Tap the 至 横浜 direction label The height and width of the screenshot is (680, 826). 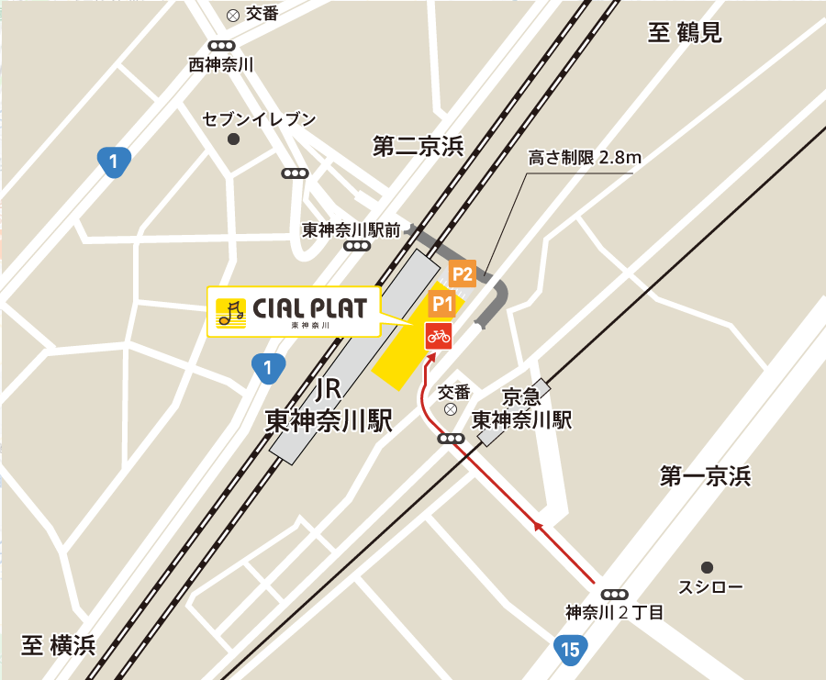point(59,645)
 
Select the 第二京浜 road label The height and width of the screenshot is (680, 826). point(418,146)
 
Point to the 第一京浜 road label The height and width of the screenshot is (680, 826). point(705,476)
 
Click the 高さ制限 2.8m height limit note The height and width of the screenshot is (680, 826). point(585,157)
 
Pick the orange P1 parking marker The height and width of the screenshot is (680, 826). point(442,303)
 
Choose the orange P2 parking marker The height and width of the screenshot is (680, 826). point(462,273)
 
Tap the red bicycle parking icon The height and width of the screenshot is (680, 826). point(439,336)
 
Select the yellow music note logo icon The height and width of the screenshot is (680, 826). point(230,313)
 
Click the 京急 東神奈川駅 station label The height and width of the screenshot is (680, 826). point(521,408)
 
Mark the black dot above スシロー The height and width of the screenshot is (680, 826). point(707,567)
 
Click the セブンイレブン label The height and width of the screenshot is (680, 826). point(259,119)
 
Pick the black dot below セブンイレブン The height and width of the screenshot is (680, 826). point(233,139)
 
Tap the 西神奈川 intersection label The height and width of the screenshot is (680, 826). point(220,65)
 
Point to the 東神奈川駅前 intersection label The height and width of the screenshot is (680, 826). point(352,230)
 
